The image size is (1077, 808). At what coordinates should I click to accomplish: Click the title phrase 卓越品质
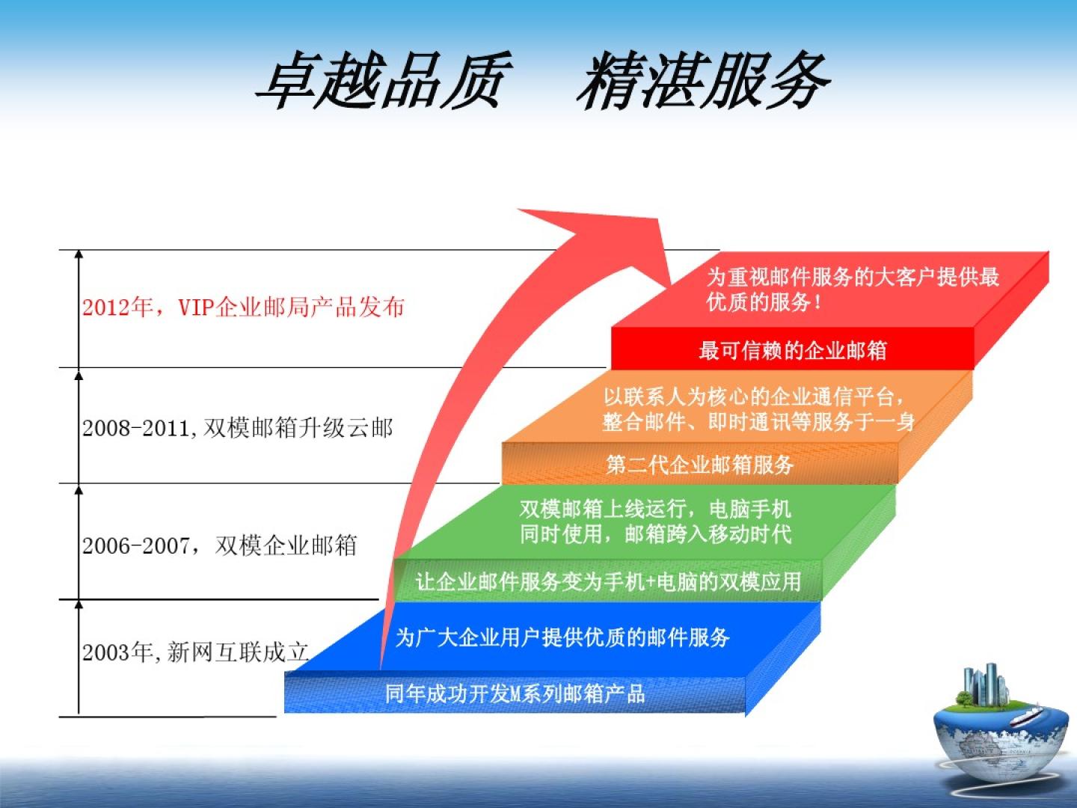(x=385, y=80)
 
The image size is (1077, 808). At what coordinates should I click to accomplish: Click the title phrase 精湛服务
(x=703, y=80)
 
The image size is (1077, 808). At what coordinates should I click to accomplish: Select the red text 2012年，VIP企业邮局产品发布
(x=243, y=307)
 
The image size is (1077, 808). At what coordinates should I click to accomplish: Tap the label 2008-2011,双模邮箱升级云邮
(x=238, y=428)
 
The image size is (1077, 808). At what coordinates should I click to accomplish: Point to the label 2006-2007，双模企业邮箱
(x=220, y=545)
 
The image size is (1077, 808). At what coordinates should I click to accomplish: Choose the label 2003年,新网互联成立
(x=195, y=652)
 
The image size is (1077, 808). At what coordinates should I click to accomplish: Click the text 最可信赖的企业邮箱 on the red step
(x=792, y=351)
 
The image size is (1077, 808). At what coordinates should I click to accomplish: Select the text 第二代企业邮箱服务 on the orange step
(x=700, y=465)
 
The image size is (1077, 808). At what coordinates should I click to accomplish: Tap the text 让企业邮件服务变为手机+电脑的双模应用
(x=608, y=582)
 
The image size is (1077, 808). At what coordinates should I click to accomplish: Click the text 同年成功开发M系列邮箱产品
(x=515, y=694)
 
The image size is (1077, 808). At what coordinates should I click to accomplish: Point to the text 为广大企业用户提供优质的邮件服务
(x=562, y=637)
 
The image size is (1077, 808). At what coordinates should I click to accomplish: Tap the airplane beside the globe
(x=1025, y=715)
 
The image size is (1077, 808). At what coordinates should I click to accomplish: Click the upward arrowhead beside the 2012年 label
(x=79, y=254)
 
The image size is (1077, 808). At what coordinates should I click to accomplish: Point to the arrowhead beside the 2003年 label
(x=79, y=605)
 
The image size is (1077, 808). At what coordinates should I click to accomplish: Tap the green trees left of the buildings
(x=963, y=699)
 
